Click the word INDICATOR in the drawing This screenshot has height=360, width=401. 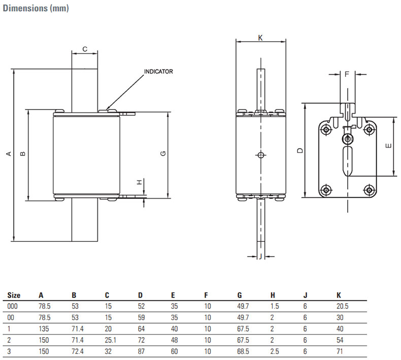tap(158, 71)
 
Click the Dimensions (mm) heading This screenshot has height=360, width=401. tap(36, 8)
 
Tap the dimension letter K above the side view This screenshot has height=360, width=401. tap(260, 38)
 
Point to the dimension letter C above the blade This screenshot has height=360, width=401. tap(85, 49)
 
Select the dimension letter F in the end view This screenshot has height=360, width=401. tap(347, 74)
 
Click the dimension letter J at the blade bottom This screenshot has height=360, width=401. tap(260, 256)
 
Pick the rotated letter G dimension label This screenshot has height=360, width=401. tap(163, 153)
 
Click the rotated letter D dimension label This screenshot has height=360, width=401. tap(300, 151)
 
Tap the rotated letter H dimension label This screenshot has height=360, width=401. tap(139, 182)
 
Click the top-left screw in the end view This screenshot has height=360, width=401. tap(326, 130)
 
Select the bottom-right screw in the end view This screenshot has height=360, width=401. tap(369, 190)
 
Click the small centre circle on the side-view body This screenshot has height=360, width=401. tap(260, 155)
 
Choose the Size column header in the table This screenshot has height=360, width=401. tap(14, 296)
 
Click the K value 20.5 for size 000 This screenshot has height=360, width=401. tap(343, 306)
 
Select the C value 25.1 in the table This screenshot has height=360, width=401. tap(111, 340)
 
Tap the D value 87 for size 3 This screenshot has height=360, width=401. tap(141, 351)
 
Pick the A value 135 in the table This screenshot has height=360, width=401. tap(44, 329)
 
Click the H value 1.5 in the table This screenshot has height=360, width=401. tap(275, 306)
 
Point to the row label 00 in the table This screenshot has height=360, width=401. tap(11, 317)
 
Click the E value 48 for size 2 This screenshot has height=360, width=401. tap(175, 340)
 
